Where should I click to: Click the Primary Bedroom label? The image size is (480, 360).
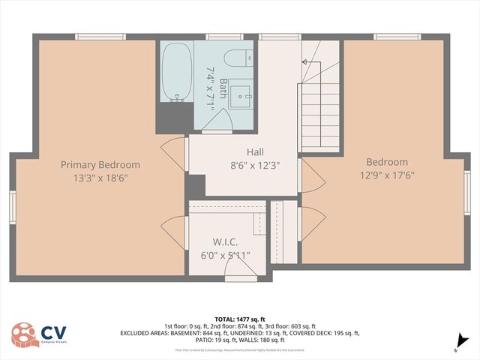[100, 165]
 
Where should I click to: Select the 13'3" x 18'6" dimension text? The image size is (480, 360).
[100, 178]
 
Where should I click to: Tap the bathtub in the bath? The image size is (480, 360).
[177, 73]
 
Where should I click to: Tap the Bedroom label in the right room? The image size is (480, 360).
[387, 162]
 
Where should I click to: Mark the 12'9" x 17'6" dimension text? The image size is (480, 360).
[387, 175]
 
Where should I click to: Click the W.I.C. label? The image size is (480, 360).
[225, 242]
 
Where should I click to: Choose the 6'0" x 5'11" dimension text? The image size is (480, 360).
[225, 255]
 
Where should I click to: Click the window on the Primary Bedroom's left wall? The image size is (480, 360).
[12, 208]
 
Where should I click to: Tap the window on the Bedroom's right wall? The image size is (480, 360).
[467, 193]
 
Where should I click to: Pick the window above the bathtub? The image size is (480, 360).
[177, 37]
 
